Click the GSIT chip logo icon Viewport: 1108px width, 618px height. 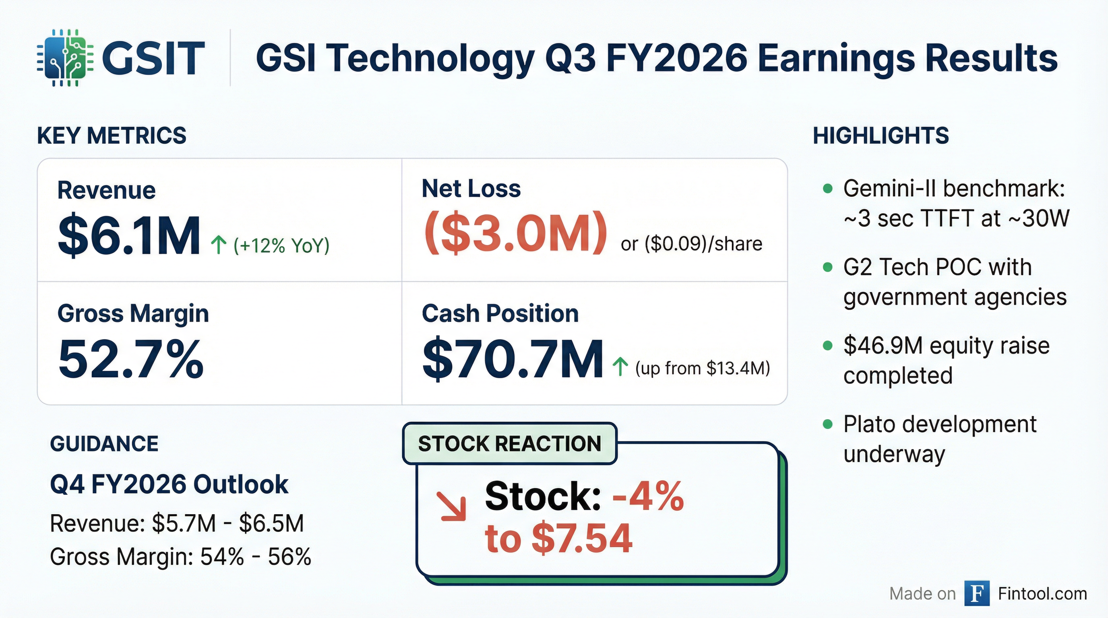65,58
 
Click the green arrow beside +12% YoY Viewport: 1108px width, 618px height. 219,245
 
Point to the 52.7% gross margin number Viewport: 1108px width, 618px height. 131,359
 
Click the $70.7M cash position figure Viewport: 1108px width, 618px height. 512,359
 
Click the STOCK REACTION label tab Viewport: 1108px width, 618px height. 510,443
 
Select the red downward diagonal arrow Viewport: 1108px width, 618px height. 452,506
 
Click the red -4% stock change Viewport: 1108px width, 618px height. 648,497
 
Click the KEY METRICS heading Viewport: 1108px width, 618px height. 112,136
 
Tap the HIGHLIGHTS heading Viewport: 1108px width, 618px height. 881,136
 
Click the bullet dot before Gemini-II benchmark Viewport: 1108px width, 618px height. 827,189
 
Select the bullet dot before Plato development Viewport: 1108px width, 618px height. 827,424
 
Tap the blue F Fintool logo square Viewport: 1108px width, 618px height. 977,593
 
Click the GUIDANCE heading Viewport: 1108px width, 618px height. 104,443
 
